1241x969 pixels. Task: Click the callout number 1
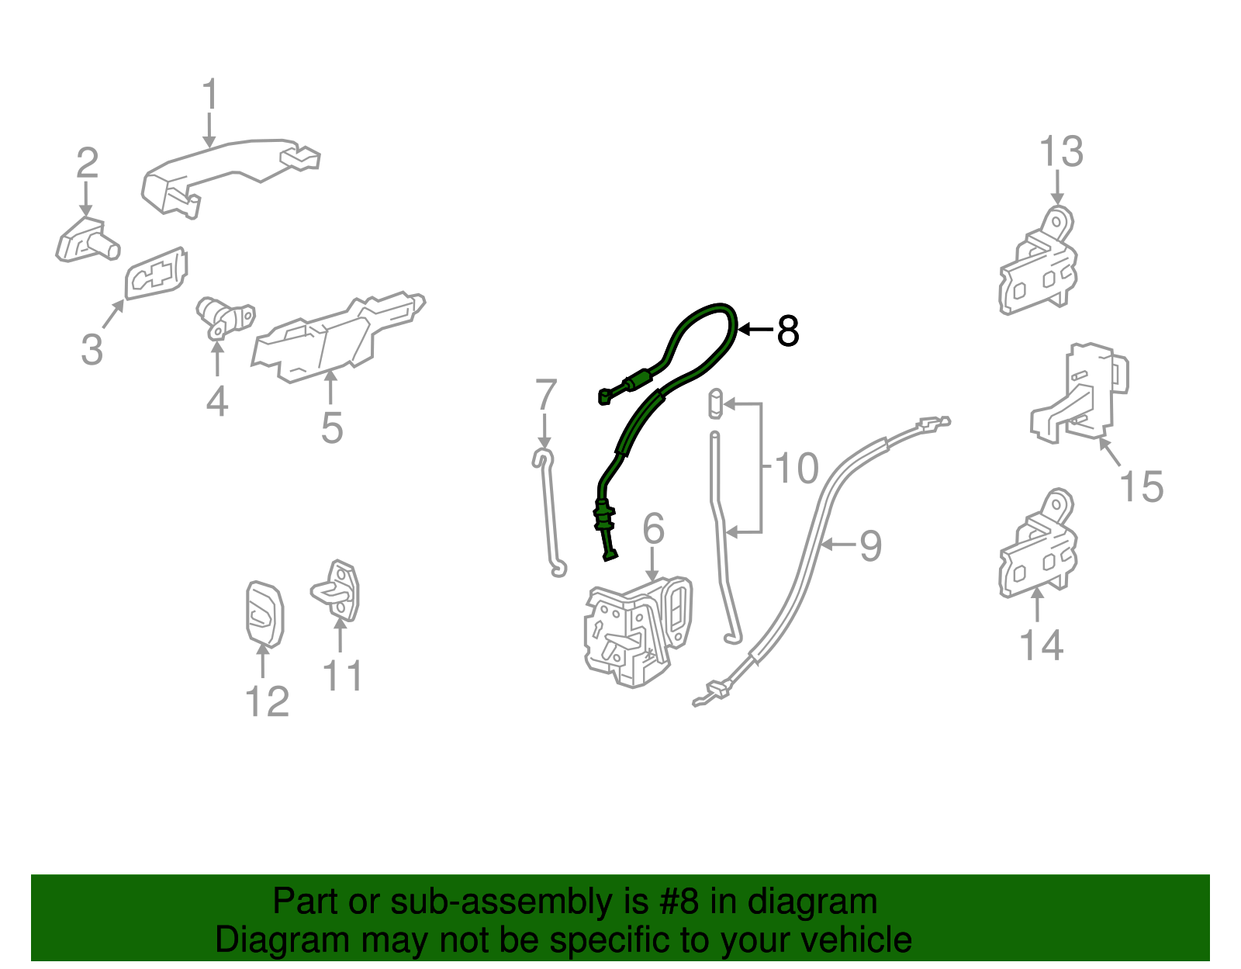tap(210, 94)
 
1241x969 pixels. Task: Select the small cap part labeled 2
tap(88, 240)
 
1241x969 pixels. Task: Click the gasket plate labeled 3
tap(156, 274)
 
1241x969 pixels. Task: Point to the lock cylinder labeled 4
tap(225, 317)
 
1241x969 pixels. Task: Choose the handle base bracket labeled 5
tap(338, 338)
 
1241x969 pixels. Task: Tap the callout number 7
tap(545, 394)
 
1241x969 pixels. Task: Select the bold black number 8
tap(787, 330)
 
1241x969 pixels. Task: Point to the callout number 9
tap(870, 546)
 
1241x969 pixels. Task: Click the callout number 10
tap(797, 469)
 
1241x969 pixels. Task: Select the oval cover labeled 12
tap(265, 614)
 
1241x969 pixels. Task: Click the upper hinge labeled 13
tap(1038, 261)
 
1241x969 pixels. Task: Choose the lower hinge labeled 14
tap(1038, 544)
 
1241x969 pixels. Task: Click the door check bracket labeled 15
tap(1080, 393)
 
